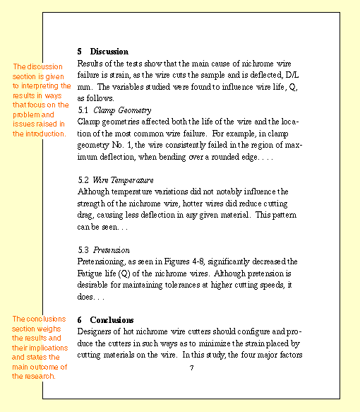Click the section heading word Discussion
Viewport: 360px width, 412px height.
[109, 52]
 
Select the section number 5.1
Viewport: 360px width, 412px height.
[83, 110]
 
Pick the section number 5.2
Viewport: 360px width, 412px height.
[83, 180]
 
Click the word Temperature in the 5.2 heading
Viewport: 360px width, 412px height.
[132, 180]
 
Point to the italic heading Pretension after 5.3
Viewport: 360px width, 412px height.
[111, 250]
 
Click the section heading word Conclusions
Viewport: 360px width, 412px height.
[112, 320]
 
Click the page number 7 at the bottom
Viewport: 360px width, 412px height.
[191, 367]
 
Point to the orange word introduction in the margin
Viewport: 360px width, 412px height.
[45, 134]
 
